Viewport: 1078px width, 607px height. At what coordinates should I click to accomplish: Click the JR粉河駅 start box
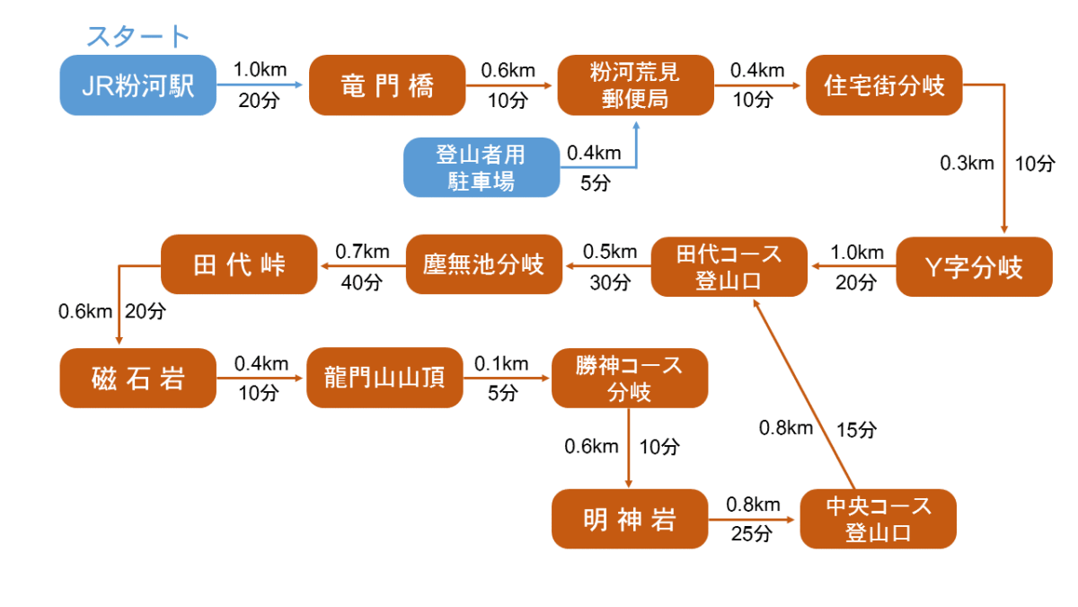click(138, 85)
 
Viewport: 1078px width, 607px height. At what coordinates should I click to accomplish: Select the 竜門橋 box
click(387, 85)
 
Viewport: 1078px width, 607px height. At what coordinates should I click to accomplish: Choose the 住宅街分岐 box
click(884, 85)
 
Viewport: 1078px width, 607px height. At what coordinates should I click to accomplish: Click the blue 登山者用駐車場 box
click(481, 167)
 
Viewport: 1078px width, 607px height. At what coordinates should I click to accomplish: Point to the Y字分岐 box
click(974, 267)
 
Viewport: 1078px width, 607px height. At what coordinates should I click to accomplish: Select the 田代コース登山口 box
click(729, 267)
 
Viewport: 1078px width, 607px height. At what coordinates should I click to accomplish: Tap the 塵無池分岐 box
click(483, 264)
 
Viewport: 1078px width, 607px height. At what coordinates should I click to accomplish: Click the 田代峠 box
click(239, 264)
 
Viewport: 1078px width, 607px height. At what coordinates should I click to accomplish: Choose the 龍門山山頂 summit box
click(384, 378)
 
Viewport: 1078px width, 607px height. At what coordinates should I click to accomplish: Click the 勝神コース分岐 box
click(629, 379)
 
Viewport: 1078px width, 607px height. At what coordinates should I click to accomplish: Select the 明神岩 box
click(629, 519)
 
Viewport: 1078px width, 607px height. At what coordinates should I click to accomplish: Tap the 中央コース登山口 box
click(878, 519)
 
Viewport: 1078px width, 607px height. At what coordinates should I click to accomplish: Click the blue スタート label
click(137, 37)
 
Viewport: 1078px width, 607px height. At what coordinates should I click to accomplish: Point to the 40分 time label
click(361, 282)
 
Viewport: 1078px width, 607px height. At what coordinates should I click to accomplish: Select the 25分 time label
click(751, 534)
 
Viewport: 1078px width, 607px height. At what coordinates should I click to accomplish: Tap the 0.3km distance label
click(967, 164)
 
